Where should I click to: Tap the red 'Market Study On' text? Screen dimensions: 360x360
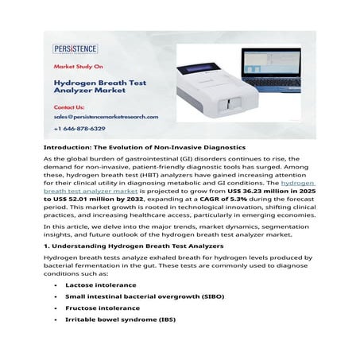pyautogui.click(x=79, y=68)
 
